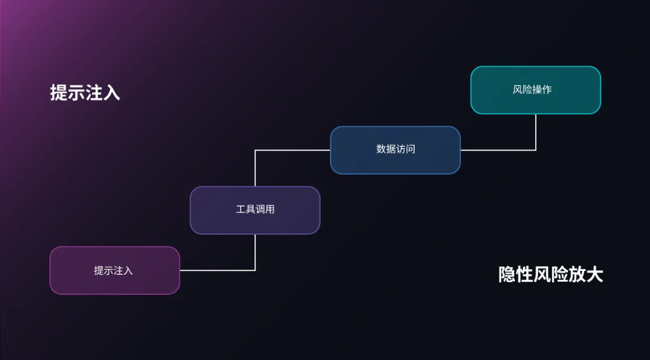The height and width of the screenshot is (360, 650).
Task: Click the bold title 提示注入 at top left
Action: (85, 93)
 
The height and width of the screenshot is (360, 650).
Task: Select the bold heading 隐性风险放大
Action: (551, 275)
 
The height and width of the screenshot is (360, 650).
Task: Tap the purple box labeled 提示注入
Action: (114, 270)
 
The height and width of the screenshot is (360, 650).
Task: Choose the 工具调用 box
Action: (255, 210)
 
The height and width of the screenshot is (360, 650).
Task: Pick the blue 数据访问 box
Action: (395, 150)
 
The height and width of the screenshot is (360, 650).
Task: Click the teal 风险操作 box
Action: (536, 90)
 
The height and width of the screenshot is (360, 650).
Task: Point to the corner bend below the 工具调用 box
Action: (255, 270)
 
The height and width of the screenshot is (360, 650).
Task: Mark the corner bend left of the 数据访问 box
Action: (255, 150)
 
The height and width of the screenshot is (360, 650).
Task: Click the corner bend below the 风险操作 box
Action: (536, 150)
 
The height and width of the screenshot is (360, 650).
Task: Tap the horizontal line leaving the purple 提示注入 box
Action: (217, 270)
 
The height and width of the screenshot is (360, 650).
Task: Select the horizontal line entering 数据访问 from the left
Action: (292, 150)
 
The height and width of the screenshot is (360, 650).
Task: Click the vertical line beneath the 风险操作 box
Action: (536, 132)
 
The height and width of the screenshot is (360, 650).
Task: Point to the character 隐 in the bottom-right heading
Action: (507, 275)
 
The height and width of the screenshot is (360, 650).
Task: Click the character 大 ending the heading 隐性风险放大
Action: (595, 275)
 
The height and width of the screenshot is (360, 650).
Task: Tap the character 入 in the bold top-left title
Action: (111, 93)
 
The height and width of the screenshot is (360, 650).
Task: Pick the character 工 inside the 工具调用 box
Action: (240, 210)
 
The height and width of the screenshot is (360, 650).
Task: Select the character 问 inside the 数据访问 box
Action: (410, 149)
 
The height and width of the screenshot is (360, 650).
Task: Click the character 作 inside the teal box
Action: (546, 90)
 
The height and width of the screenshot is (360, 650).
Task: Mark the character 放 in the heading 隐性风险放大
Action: (577, 275)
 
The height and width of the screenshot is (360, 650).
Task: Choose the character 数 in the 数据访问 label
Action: (381, 149)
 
